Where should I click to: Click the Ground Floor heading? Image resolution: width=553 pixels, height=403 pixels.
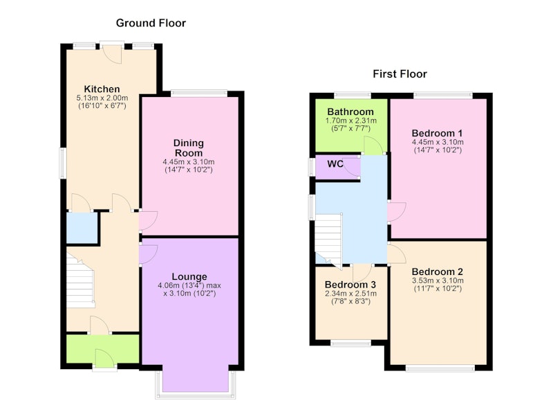point(151,23)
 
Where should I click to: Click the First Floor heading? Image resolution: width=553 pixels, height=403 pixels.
point(400,74)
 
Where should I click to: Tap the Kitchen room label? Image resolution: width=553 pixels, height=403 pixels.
point(102,89)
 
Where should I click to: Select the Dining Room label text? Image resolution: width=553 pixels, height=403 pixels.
point(189,148)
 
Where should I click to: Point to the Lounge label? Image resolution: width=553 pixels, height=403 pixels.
point(189,277)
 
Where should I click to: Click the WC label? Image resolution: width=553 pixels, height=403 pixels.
point(335,164)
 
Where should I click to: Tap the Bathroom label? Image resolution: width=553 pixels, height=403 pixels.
point(350,111)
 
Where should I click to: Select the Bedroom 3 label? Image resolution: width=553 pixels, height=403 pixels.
point(350,285)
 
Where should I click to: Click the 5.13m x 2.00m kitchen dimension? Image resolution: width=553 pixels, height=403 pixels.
point(102,98)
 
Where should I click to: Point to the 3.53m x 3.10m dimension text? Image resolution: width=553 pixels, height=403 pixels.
point(438,281)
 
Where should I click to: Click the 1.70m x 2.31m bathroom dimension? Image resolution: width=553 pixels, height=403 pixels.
point(350,120)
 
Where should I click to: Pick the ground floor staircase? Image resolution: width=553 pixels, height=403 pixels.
point(81,282)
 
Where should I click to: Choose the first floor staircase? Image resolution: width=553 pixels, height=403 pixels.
point(329,240)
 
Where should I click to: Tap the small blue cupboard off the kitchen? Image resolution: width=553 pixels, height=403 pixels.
point(82,228)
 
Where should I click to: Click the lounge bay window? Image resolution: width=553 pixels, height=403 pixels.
point(196,385)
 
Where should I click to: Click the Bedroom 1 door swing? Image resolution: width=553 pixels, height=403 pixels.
point(397,212)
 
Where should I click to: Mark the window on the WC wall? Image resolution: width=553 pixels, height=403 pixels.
point(312,167)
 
